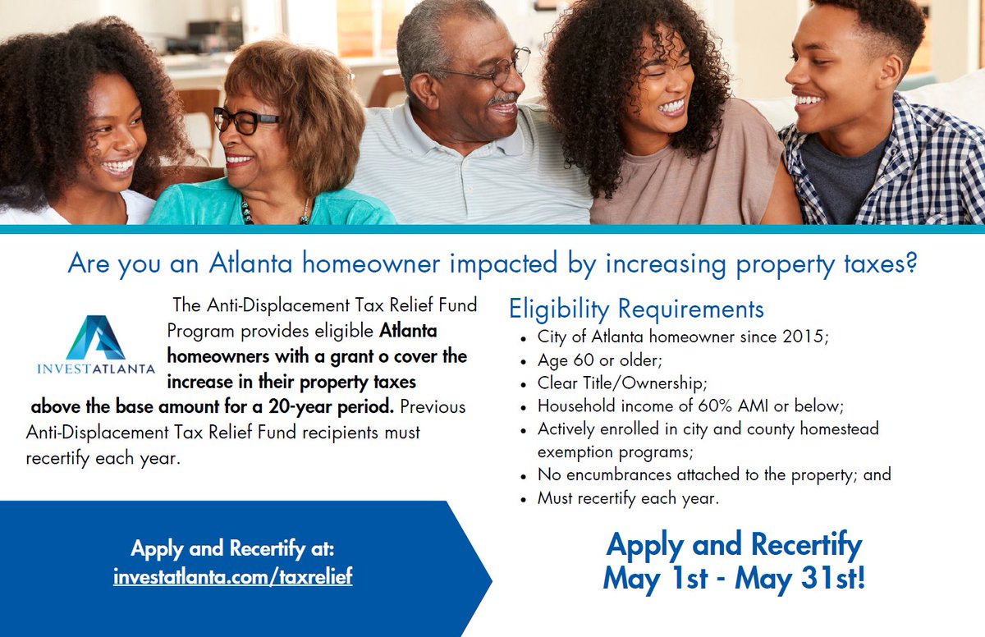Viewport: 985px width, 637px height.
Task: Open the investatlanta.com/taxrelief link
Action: [232, 576]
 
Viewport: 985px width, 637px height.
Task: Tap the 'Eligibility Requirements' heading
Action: [636, 309]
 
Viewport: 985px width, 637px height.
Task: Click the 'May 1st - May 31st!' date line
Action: [734, 578]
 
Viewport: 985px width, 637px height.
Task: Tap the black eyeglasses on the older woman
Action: [245, 121]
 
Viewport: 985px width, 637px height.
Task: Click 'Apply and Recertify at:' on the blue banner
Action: [232, 548]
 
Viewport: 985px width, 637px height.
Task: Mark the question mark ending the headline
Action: [908, 264]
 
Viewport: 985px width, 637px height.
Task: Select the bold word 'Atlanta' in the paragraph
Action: [408, 332]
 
